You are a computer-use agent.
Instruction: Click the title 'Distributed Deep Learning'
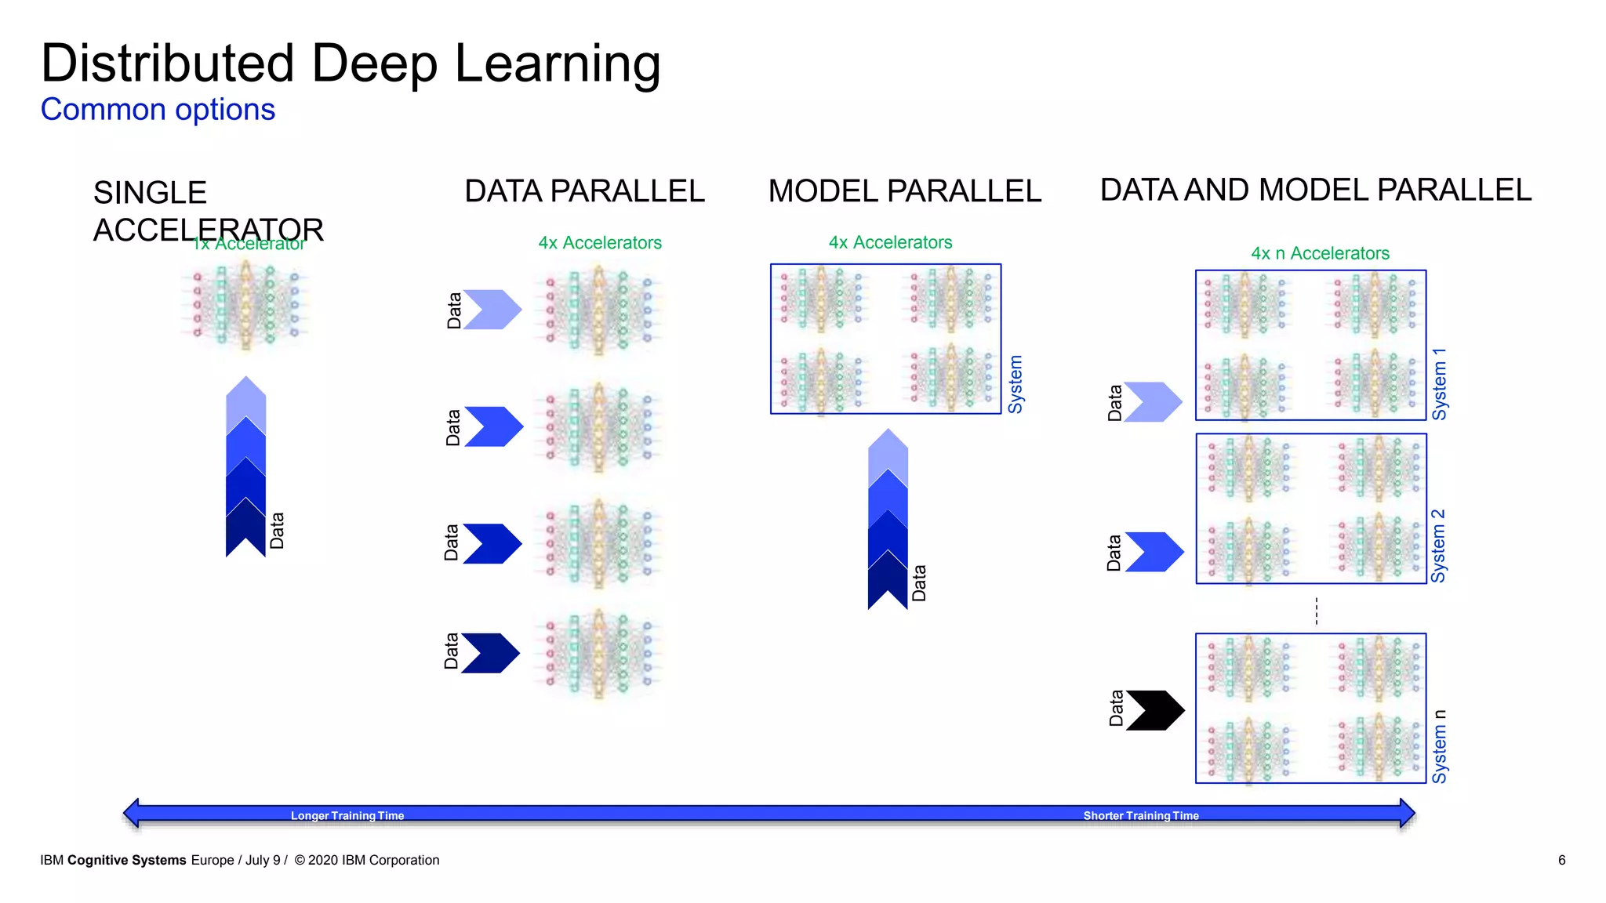tap(351, 64)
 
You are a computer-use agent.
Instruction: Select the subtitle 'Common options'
tap(158, 110)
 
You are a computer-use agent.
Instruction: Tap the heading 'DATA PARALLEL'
tap(584, 191)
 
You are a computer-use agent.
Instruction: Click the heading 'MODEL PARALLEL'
tap(904, 191)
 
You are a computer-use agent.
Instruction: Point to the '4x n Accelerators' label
tap(1320, 253)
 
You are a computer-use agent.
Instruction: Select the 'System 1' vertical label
tap(1440, 384)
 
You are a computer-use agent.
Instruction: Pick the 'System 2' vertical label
tap(1438, 546)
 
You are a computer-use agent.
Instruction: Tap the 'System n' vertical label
tap(1439, 746)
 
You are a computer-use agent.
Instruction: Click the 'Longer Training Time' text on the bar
tap(347, 815)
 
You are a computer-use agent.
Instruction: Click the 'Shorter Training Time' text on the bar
tap(1141, 815)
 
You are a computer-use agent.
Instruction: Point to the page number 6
tap(1561, 860)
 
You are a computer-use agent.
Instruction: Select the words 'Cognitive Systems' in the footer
tap(127, 860)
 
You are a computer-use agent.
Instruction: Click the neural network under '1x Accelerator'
tap(245, 306)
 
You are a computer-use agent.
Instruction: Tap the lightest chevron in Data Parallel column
tap(492, 310)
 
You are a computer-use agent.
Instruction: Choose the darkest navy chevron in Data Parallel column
tap(491, 653)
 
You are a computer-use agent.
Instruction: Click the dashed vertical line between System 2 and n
tap(1317, 610)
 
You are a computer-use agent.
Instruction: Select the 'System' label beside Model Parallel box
tap(1016, 384)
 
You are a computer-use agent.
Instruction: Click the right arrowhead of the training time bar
tap(1407, 814)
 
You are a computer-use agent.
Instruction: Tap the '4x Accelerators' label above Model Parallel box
tap(890, 242)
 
